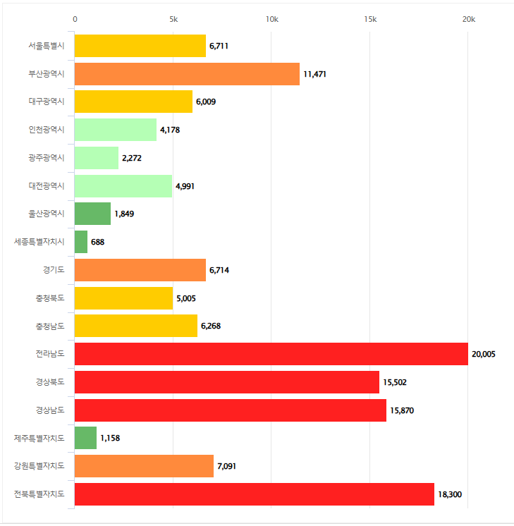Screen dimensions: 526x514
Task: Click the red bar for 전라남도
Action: pos(271,354)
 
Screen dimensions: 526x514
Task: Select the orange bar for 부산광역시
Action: pos(187,74)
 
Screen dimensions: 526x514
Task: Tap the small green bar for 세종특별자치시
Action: pos(81,242)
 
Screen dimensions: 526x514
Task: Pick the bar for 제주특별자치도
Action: pos(85,438)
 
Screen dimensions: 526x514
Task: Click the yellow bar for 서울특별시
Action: pos(140,46)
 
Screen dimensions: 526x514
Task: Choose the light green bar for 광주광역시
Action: pos(97,158)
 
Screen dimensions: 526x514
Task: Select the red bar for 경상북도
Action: pos(226,382)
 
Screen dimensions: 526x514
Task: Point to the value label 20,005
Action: pos(484,354)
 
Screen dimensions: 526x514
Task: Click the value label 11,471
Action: pos(315,74)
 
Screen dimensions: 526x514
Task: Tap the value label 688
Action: pos(98,242)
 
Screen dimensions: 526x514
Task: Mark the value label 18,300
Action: pos(450,494)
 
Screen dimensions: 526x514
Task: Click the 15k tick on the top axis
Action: pos(370,19)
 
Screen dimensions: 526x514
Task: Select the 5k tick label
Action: pos(173,19)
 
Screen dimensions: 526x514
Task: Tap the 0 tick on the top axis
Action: pos(75,19)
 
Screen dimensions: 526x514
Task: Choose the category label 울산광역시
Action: pos(47,214)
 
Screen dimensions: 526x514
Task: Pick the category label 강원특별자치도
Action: pos(39,465)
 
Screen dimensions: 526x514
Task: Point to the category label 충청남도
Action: pos(50,326)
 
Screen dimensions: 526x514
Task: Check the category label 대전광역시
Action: pos(47,185)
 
